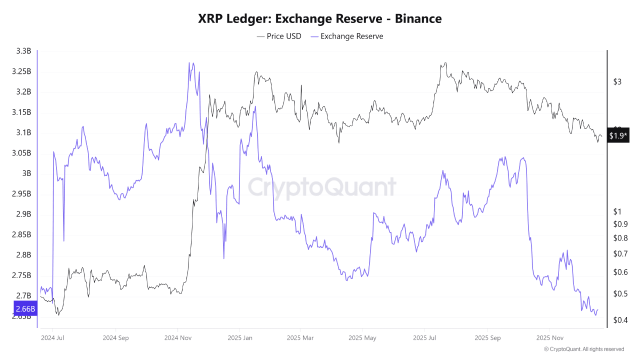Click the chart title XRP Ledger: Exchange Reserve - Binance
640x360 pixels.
tap(320, 18)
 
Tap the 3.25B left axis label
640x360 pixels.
tap(21, 71)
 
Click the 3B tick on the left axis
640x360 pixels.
tap(26, 173)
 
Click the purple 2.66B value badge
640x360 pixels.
tap(24, 308)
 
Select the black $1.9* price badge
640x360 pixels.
tap(618, 135)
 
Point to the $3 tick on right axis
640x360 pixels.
tap(617, 82)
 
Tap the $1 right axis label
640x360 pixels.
tap(617, 211)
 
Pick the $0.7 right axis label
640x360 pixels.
tap(620, 254)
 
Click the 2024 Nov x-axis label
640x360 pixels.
tap(177, 337)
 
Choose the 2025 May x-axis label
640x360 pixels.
tap(363, 337)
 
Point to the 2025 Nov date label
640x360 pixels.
tap(549, 337)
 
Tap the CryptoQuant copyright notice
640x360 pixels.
tap(583, 349)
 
